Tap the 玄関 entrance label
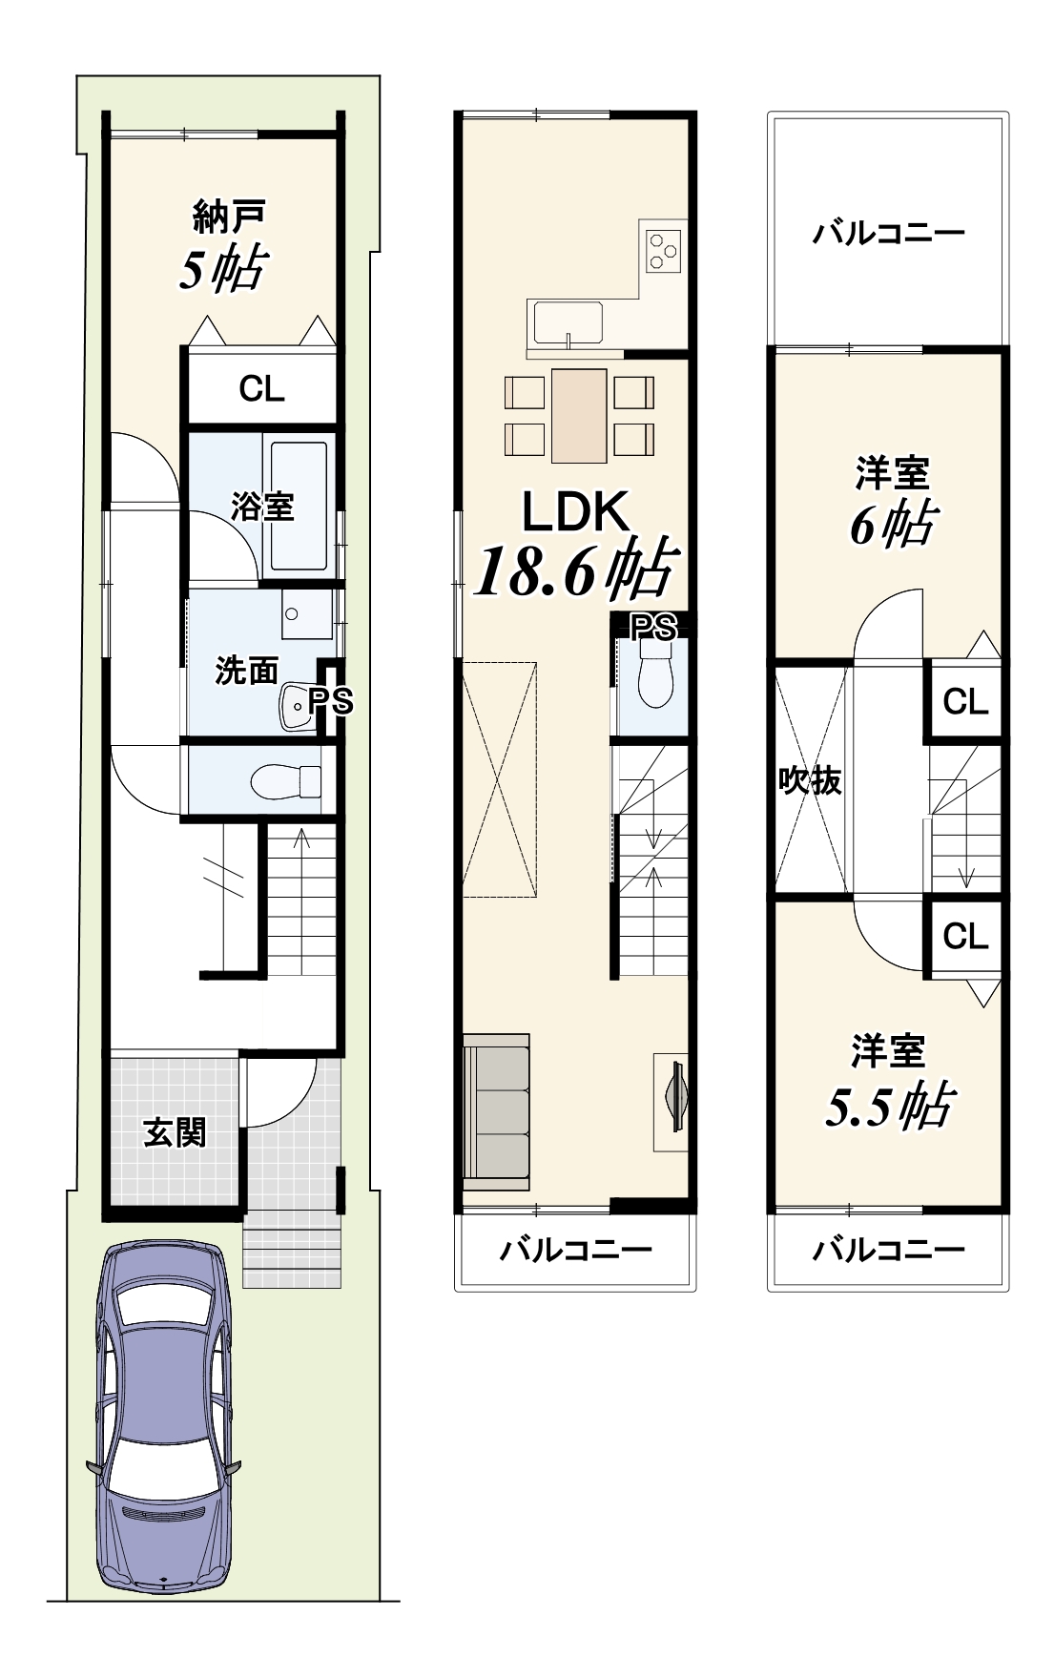[175, 1133]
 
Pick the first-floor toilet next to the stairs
[287, 781]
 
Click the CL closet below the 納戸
[261, 388]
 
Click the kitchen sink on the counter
[568, 323]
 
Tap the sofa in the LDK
[496, 1110]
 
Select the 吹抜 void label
[810, 780]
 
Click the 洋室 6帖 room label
[891, 501]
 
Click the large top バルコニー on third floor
[888, 233]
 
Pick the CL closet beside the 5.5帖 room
[964, 937]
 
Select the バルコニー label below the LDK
[575, 1249]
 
